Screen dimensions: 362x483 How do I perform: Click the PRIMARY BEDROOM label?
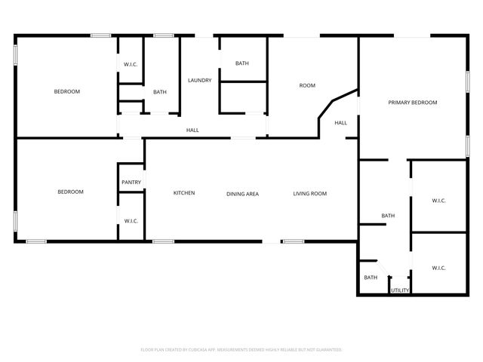413,103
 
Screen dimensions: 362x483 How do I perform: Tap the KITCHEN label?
184,193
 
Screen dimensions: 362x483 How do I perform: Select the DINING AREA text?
242,194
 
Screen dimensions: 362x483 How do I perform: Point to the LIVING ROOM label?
309,194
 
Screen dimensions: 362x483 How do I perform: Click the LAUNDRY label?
199,80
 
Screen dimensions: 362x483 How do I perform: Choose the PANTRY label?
131,182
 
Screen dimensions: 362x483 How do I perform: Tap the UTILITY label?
400,290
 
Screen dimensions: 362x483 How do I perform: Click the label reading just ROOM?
307,85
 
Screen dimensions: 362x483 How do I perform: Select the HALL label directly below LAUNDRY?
192,130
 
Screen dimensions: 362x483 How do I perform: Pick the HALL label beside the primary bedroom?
340,123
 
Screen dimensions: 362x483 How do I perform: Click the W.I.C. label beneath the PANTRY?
131,220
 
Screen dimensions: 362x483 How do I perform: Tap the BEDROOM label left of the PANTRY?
70,192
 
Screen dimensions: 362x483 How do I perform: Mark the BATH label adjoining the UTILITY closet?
371,278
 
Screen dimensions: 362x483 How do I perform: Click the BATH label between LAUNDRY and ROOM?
241,63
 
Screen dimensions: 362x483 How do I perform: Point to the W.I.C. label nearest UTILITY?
438,268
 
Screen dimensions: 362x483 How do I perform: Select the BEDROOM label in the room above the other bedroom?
66,91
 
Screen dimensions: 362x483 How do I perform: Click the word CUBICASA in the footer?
200,350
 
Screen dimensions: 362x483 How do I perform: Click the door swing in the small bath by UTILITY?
383,269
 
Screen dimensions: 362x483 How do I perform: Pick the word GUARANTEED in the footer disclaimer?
327,350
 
